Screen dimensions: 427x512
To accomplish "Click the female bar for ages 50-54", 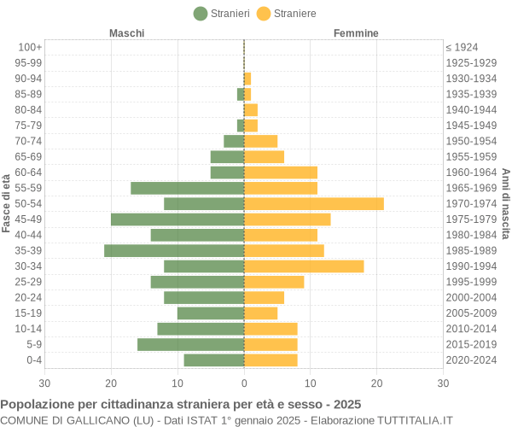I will [314, 203].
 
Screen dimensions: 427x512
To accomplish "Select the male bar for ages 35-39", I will [174, 250].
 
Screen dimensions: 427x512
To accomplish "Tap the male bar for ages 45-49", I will [177, 219].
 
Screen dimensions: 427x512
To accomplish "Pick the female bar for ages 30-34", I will [304, 266].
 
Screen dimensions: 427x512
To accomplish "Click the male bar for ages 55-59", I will [188, 188].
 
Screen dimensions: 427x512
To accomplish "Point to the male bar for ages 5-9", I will [191, 344].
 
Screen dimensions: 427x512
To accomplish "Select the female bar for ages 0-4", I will [271, 360].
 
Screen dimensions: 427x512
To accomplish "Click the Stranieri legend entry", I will [222, 13].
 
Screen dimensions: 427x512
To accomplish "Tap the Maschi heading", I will [127, 33].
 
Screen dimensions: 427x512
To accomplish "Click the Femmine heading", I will [356, 33].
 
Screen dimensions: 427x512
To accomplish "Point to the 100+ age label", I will [30, 47].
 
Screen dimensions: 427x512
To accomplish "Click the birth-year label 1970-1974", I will [471, 203].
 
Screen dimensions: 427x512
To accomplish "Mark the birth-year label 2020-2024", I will [471, 360].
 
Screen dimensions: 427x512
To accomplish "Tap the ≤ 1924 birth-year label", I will [462, 47].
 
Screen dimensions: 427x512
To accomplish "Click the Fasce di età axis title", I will [7, 203].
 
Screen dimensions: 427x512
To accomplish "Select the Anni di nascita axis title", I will [505, 203].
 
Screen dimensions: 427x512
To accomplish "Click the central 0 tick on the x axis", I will [244, 383].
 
